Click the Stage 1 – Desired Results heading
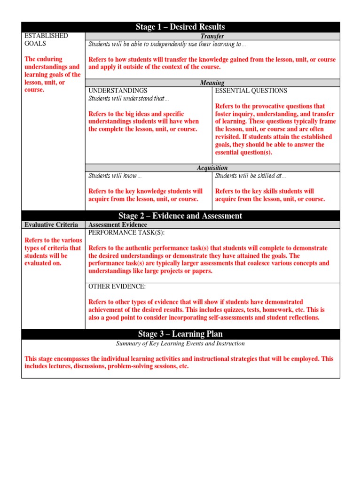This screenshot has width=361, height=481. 180,27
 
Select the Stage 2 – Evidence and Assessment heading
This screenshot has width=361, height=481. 180,216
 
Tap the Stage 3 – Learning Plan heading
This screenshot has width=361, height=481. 180,334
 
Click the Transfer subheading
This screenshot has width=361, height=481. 212,36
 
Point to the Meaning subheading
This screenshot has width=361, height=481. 212,83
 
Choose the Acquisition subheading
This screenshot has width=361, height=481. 212,168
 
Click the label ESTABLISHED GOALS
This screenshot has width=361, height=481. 46,39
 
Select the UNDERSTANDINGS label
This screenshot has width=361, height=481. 118,91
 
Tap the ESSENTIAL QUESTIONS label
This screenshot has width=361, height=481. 251,91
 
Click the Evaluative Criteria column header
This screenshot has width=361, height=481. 51,225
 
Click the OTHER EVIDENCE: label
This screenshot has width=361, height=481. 117,287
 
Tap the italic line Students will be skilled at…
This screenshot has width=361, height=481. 250,176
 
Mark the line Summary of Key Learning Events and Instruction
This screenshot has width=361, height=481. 180,344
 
